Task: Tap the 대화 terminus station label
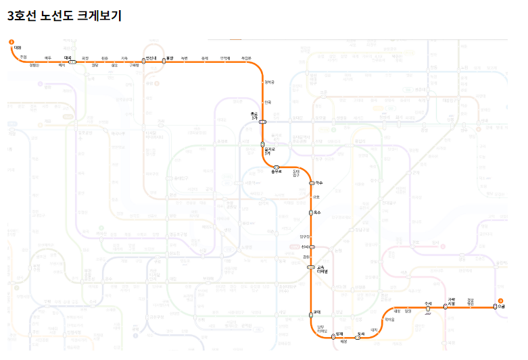point(18,48)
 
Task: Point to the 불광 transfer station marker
point(164,62)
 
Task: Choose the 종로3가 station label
point(254,115)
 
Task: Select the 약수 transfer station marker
point(312,183)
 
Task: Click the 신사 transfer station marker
point(312,248)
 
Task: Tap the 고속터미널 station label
point(322,270)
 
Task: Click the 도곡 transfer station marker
point(357,337)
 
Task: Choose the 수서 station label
point(427,304)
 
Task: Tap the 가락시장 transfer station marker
point(445,307)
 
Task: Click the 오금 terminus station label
point(501,307)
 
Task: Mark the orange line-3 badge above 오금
point(501,300)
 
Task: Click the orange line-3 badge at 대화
point(11,42)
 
